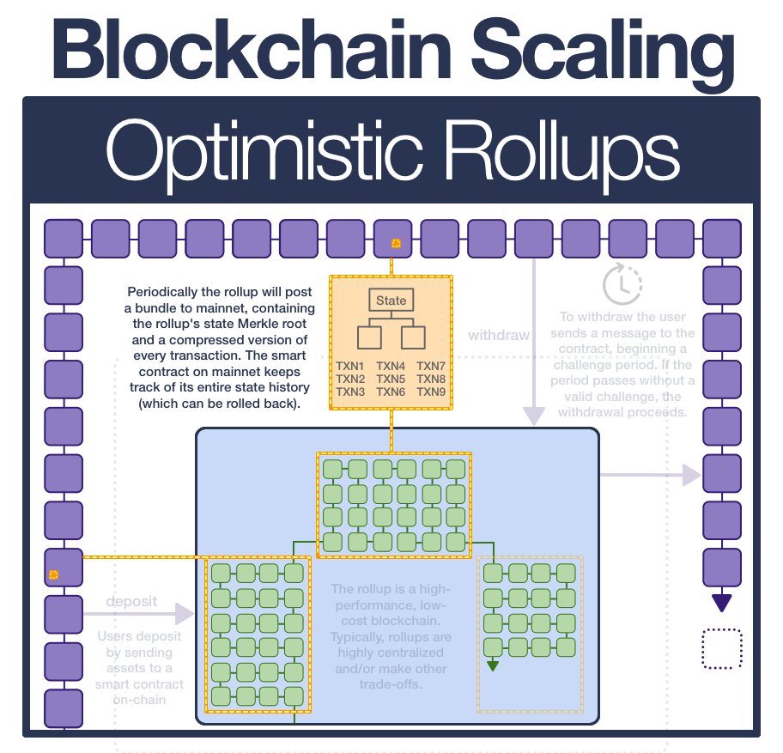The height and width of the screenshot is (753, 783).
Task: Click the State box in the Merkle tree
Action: click(x=391, y=301)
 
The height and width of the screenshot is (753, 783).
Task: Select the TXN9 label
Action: click(x=431, y=392)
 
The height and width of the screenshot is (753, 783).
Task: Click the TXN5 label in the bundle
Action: click(x=391, y=380)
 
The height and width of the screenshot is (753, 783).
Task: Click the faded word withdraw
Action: click(x=499, y=335)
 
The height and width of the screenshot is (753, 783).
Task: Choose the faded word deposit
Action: click(x=131, y=601)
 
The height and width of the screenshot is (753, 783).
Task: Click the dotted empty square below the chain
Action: click(x=721, y=649)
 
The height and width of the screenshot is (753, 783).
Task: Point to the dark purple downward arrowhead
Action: click(x=721, y=603)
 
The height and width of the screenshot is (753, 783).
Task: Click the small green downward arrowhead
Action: click(x=492, y=665)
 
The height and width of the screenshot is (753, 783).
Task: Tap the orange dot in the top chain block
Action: click(x=396, y=244)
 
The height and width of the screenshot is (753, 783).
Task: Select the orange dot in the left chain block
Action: click(x=53, y=574)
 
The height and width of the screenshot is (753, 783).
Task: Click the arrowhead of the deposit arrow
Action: click(x=184, y=613)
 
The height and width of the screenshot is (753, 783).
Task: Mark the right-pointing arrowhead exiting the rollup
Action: click(x=691, y=474)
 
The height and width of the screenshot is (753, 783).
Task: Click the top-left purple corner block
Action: click(x=63, y=238)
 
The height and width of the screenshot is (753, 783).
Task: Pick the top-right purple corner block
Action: click(x=721, y=238)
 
